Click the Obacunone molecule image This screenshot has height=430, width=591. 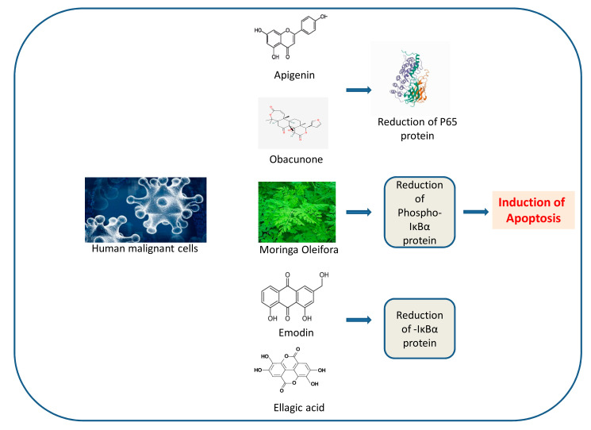[294, 123]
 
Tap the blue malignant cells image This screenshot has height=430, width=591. [145, 209]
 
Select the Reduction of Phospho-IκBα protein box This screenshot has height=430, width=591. [418, 212]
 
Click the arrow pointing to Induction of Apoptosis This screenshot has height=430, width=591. [474, 213]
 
